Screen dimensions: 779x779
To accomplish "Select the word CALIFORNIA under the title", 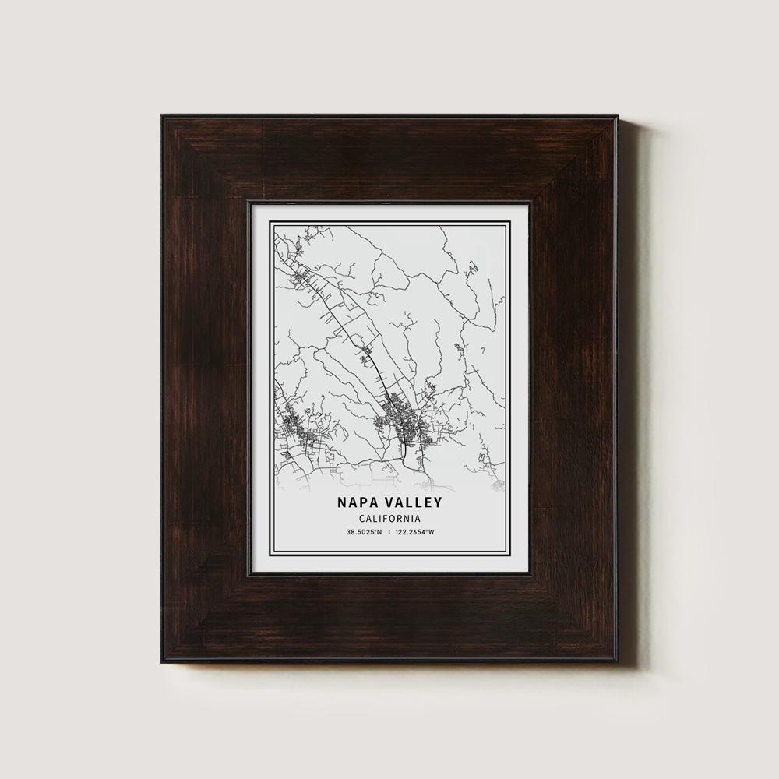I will pyautogui.click(x=389, y=519).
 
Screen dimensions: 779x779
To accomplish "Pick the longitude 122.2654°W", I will pyautogui.click(x=414, y=533).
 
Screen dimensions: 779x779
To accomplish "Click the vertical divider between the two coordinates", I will pyautogui.click(x=389, y=533).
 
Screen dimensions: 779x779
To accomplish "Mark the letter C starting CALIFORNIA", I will pyautogui.click(x=362, y=519).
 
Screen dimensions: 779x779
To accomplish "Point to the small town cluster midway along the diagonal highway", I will pyautogui.click(x=366, y=354).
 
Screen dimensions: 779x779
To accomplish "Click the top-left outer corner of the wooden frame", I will pyautogui.click(x=162, y=115).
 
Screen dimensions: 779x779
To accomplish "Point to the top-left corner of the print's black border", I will pyautogui.click(x=270, y=221).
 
